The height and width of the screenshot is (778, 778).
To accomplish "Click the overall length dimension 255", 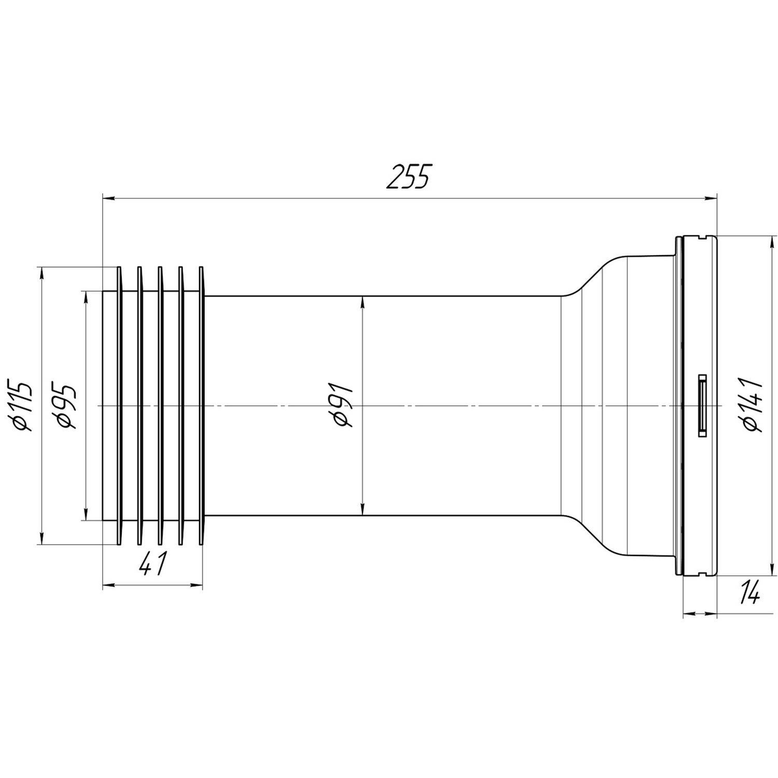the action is pyautogui.click(x=408, y=177).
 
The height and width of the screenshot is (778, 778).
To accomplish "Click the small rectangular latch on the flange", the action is pyautogui.click(x=703, y=406).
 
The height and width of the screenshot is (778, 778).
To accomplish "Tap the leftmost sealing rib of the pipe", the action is pyautogui.click(x=119, y=406).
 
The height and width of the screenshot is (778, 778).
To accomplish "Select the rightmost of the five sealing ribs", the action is pyautogui.click(x=201, y=406).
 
